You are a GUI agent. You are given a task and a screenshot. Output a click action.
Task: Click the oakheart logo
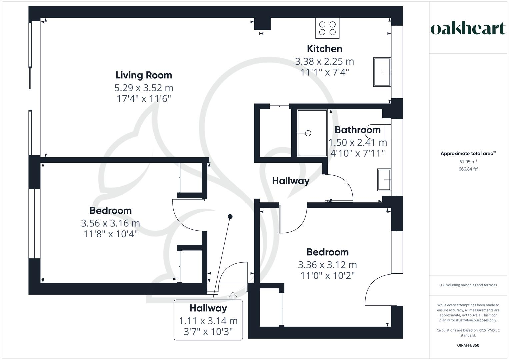[x=468, y=29]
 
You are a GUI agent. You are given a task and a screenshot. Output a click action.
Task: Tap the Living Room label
[x=144, y=75]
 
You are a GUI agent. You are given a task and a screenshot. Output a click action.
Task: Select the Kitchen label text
[x=324, y=49]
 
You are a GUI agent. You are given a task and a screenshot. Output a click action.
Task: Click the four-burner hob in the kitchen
[x=327, y=28]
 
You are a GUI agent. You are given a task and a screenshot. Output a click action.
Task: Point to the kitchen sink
[x=382, y=72]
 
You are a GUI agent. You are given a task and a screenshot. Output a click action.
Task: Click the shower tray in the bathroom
[x=312, y=133]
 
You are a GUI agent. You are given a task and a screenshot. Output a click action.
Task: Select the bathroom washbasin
[x=384, y=180]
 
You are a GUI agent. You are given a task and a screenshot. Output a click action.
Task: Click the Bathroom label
[x=357, y=130]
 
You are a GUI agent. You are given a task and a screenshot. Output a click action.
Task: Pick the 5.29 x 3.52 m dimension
[x=144, y=88]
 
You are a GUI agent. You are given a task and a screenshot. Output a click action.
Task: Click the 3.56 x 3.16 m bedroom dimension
[x=110, y=223]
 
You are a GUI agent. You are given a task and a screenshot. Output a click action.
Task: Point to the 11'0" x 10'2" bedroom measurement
[x=327, y=276]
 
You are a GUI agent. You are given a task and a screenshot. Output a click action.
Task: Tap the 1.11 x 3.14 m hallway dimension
[x=208, y=321]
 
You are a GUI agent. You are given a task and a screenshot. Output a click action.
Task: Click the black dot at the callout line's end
[x=230, y=217]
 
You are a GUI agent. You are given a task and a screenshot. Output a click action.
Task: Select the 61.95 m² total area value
[x=468, y=162]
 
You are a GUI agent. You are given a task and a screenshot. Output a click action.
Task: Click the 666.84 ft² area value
[x=468, y=169]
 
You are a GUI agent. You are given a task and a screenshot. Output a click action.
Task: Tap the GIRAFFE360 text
[x=468, y=345]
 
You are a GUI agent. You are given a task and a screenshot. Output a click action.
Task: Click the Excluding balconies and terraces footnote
[x=468, y=285]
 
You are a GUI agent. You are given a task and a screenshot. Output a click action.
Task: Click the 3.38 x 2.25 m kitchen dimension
[x=324, y=61]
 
